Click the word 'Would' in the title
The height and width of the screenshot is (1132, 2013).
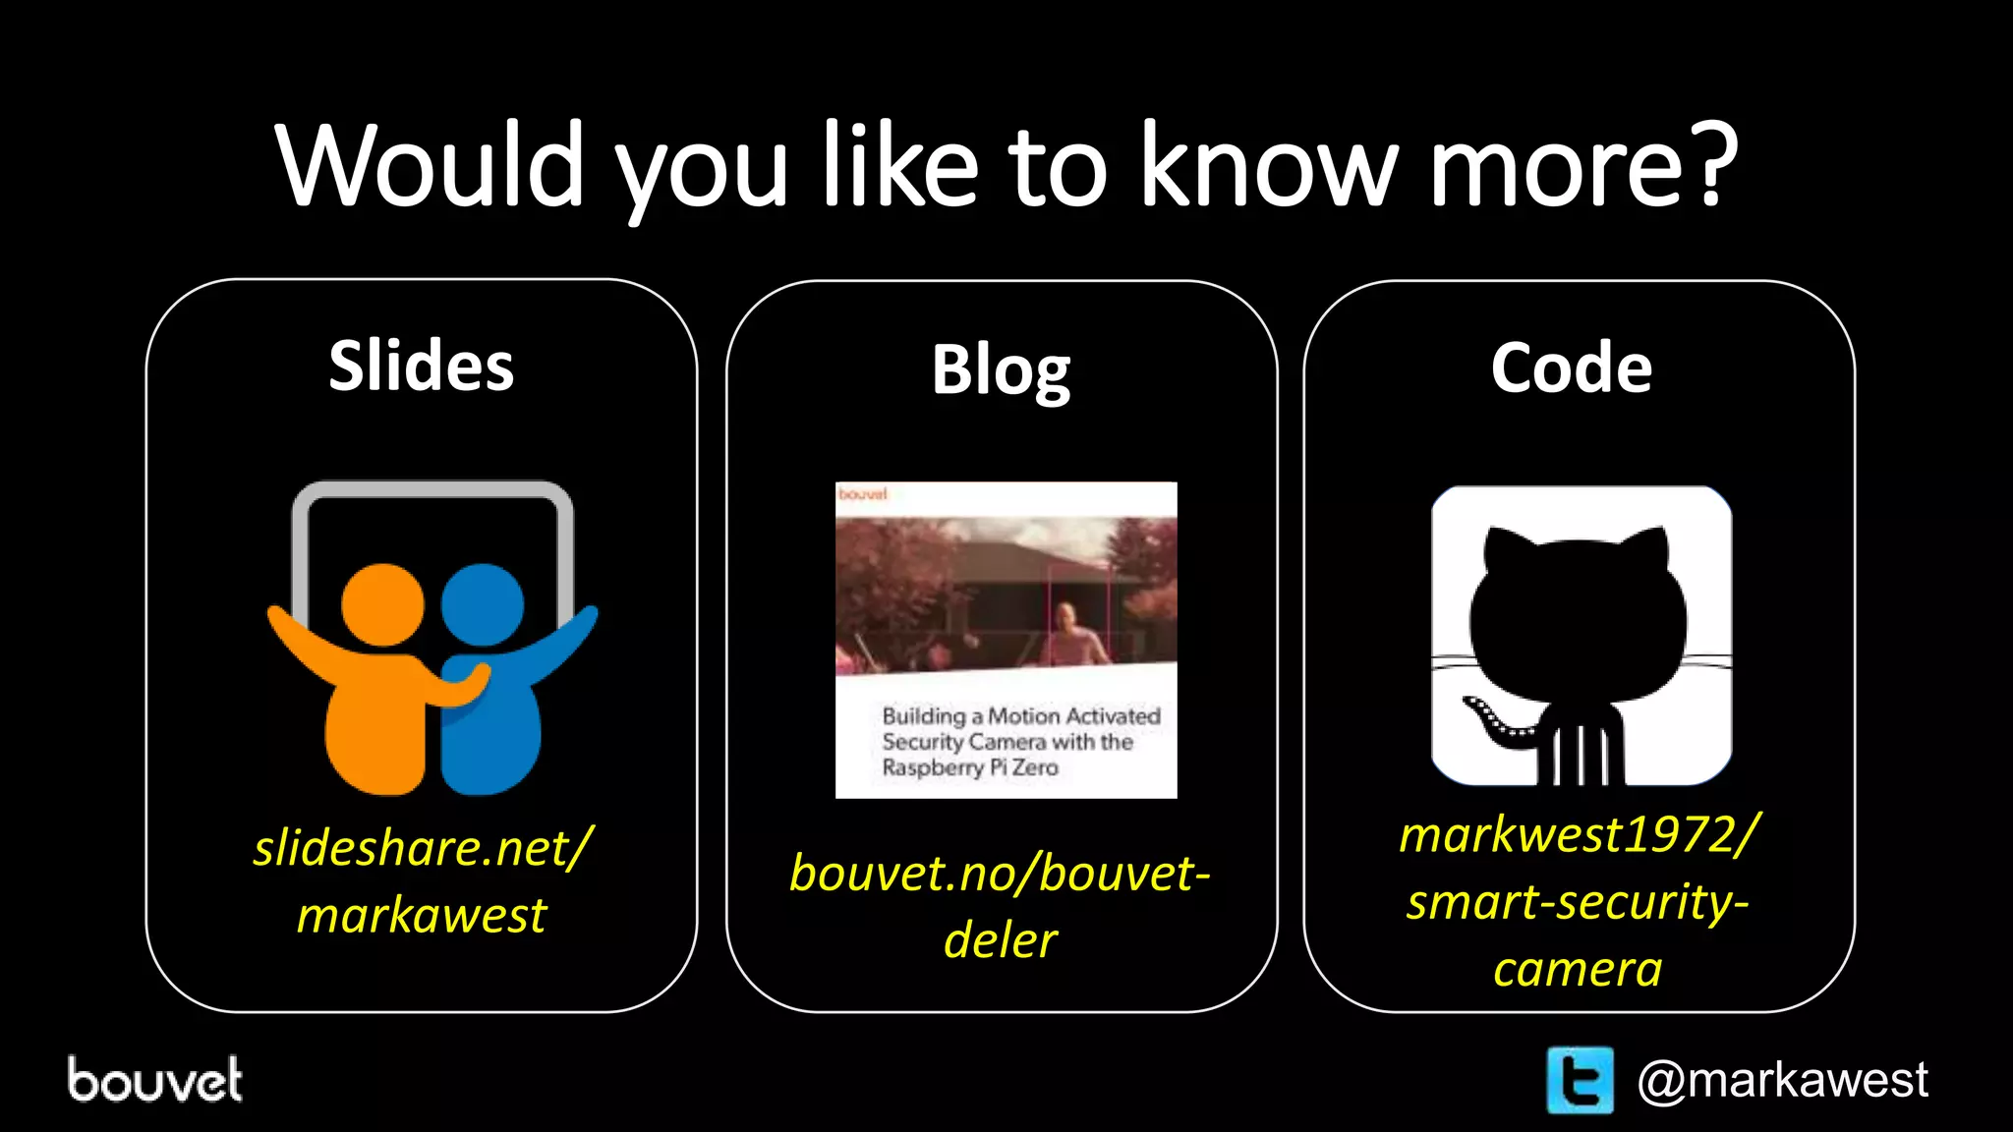click(x=430, y=165)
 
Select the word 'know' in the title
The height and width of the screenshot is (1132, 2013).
click(x=1268, y=165)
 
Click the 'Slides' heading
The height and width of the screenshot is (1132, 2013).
click(x=421, y=366)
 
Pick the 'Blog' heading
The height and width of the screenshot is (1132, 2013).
click(x=1001, y=370)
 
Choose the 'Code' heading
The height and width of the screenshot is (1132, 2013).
click(x=1571, y=368)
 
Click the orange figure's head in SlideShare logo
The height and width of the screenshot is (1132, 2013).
click(x=382, y=604)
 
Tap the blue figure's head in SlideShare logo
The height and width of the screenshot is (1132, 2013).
click(x=482, y=604)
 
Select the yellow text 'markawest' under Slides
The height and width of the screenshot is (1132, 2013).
click(x=421, y=915)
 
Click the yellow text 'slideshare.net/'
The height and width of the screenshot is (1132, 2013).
click(x=423, y=848)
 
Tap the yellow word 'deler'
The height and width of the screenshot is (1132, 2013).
click(x=1000, y=940)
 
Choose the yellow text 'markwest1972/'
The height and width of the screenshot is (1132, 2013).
click(x=1579, y=835)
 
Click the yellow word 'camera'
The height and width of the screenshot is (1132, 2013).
click(x=1578, y=970)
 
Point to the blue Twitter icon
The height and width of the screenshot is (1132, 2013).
click(x=1580, y=1080)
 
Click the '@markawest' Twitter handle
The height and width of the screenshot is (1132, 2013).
click(x=1782, y=1080)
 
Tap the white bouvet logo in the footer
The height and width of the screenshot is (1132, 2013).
click(x=154, y=1080)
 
